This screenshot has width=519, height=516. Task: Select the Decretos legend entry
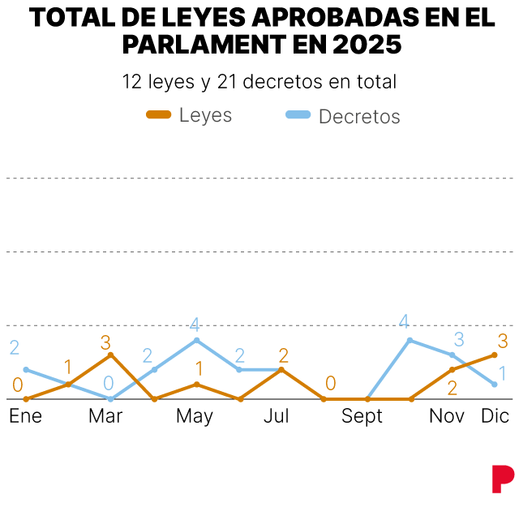pyautogui.click(x=344, y=116)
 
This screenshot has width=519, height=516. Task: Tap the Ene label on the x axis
pyautogui.click(x=26, y=416)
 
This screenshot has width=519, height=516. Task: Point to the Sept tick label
pyautogui.click(x=362, y=416)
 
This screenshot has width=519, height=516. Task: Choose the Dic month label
pyautogui.click(x=495, y=416)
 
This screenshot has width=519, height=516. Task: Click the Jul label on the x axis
pyautogui.click(x=277, y=416)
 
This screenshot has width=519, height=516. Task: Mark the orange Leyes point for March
pyautogui.click(x=111, y=355)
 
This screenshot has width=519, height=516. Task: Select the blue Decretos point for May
pyautogui.click(x=196, y=340)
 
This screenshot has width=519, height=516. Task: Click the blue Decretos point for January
pyautogui.click(x=26, y=369)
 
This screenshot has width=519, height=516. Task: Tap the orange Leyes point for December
pyautogui.click(x=495, y=355)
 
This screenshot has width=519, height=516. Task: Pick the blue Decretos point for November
pyautogui.click(x=453, y=355)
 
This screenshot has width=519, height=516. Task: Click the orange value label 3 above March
pyautogui.click(x=105, y=342)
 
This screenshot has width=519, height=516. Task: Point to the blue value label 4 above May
pyautogui.click(x=195, y=325)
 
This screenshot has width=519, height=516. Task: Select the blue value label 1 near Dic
pyautogui.click(x=503, y=374)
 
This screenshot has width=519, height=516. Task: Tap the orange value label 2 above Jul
pyautogui.click(x=284, y=355)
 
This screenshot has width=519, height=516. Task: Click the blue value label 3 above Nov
pyautogui.click(x=459, y=339)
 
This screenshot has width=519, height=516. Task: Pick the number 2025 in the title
pyautogui.click(x=367, y=44)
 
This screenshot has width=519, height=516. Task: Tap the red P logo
pyautogui.click(x=503, y=478)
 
